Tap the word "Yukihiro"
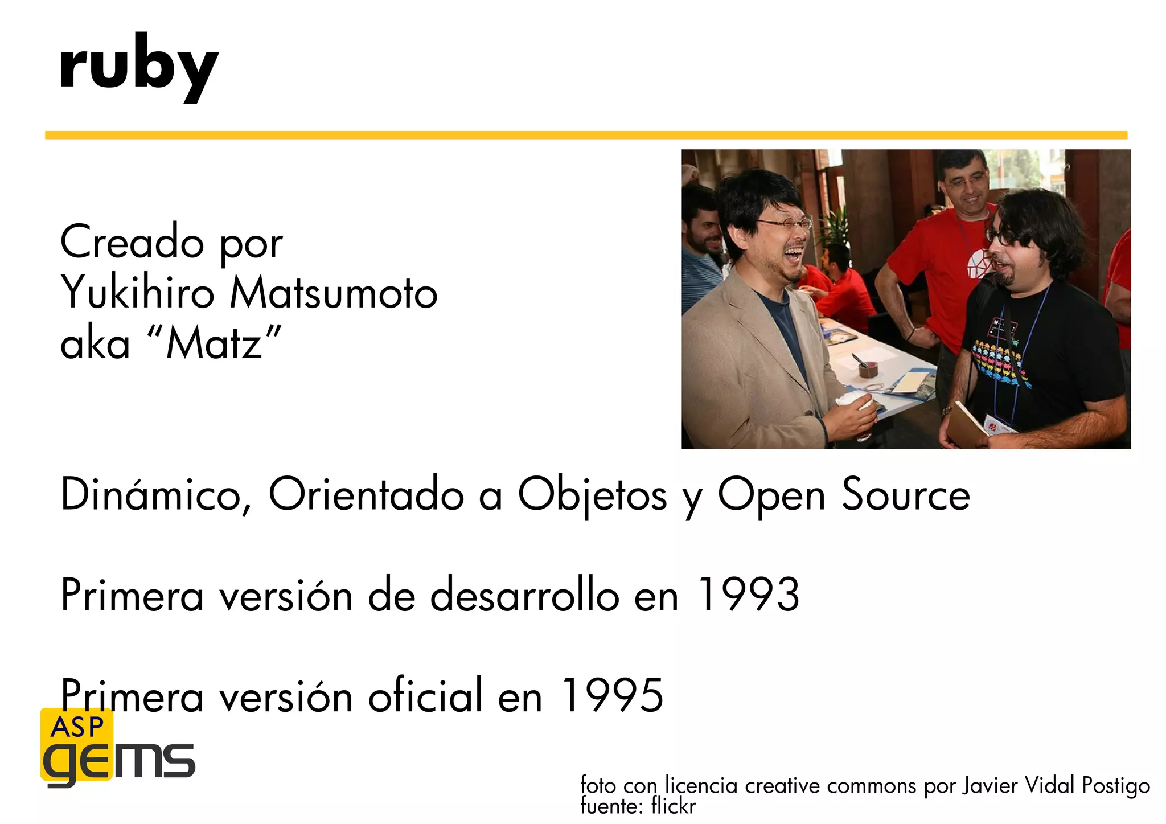[137, 293]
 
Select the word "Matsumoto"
[334, 293]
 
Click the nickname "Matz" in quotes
[214, 343]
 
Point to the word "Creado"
[132, 241]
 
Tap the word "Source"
[906, 494]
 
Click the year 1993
[748, 595]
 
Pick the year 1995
[613, 696]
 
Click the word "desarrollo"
[524, 595]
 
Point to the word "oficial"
[425, 696]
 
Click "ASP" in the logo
[77, 727]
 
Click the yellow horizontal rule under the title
[586, 135]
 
